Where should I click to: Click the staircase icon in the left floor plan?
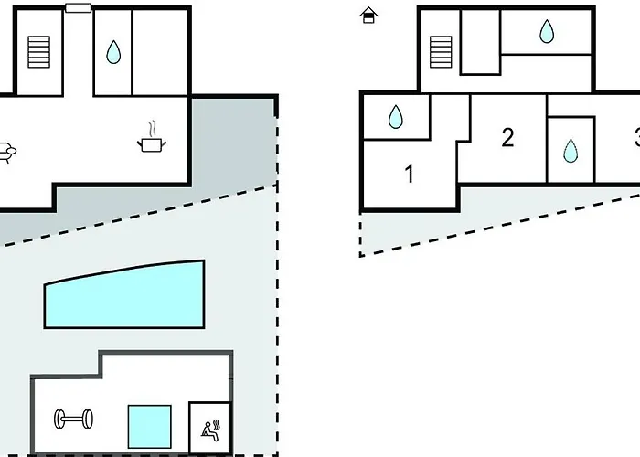(38, 51)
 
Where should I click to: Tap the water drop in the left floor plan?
(113, 52)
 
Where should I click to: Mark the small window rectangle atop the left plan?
(78, 8)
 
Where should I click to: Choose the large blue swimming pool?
(123, 293)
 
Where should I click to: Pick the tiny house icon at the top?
(368, 15)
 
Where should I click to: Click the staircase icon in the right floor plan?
(442, 51)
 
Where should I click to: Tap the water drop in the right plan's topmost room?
(546, 33)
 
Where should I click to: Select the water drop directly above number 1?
(396, 117)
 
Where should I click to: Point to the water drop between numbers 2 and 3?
(570, 150)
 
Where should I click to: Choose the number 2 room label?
(507, 138)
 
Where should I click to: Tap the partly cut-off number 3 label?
(635, 139)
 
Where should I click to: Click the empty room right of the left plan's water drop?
(160, 51)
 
